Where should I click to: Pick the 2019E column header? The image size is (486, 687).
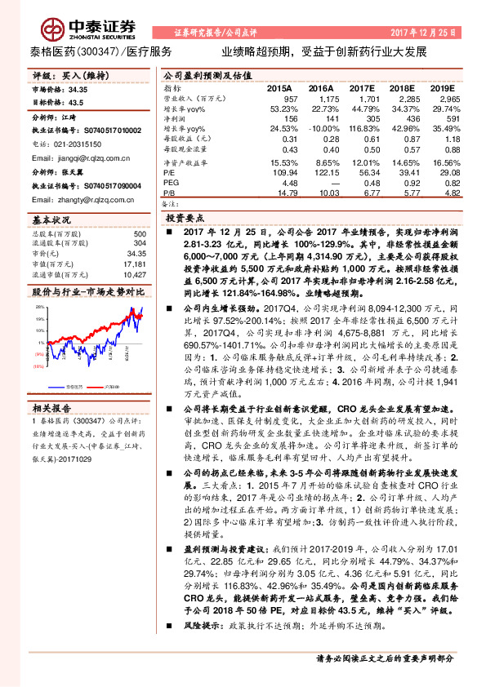click(441, 87)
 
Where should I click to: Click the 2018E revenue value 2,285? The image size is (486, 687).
click(402, 97)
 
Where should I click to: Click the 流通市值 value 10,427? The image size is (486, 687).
click(133, 274)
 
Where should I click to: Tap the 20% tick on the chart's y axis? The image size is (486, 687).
click(39, 306)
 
